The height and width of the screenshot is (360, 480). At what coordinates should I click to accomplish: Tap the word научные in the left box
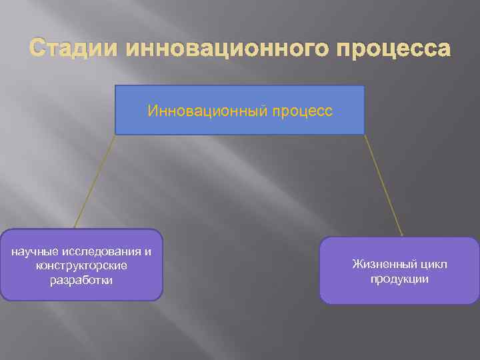click(x=34, y=252)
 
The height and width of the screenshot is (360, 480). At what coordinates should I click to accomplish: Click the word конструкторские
click(x=81, y=266)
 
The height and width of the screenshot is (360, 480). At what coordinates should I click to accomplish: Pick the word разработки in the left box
click(x=81, y=280)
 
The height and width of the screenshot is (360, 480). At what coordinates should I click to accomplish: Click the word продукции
click(x=400, y=279)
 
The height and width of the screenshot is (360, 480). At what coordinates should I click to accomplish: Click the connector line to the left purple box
click(x=95, y=181)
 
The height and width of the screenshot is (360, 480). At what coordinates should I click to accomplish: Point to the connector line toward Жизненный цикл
click(x=384, y=185)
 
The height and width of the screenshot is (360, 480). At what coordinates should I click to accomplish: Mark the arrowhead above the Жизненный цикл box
click(x=402, y=234)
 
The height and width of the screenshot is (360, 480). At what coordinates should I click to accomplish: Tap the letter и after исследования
click(x=147, y=252)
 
